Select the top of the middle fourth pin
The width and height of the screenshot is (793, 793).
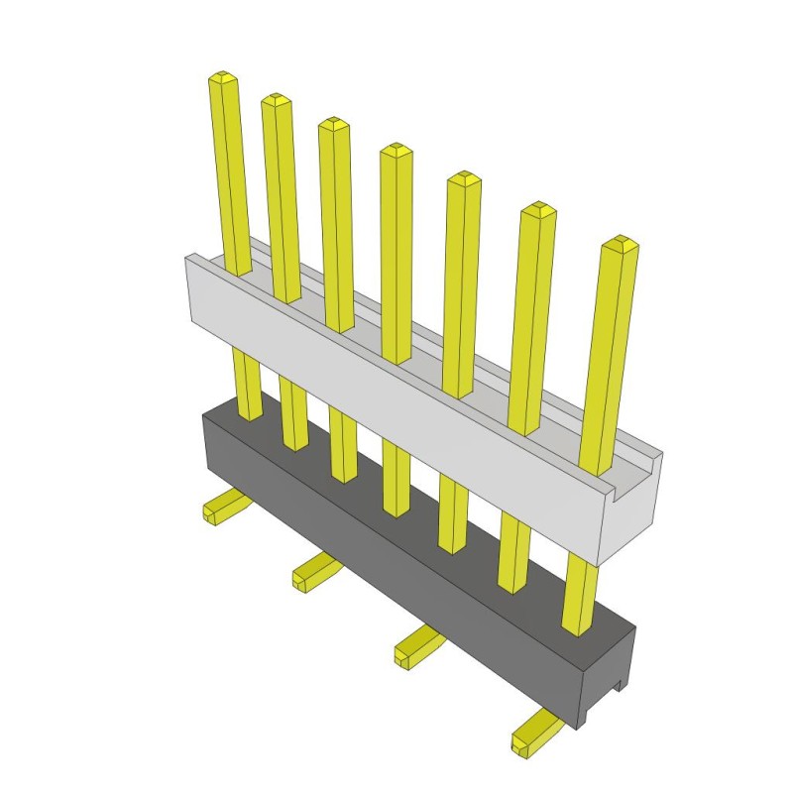(396, 150)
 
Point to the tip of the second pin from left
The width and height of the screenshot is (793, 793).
(276, 99)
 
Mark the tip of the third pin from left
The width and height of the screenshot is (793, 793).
(334, 124)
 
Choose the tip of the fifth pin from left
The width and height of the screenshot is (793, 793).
(463, 178)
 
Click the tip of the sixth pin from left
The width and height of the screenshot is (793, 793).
(538, 208)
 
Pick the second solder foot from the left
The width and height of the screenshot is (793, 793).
(312, 571)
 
